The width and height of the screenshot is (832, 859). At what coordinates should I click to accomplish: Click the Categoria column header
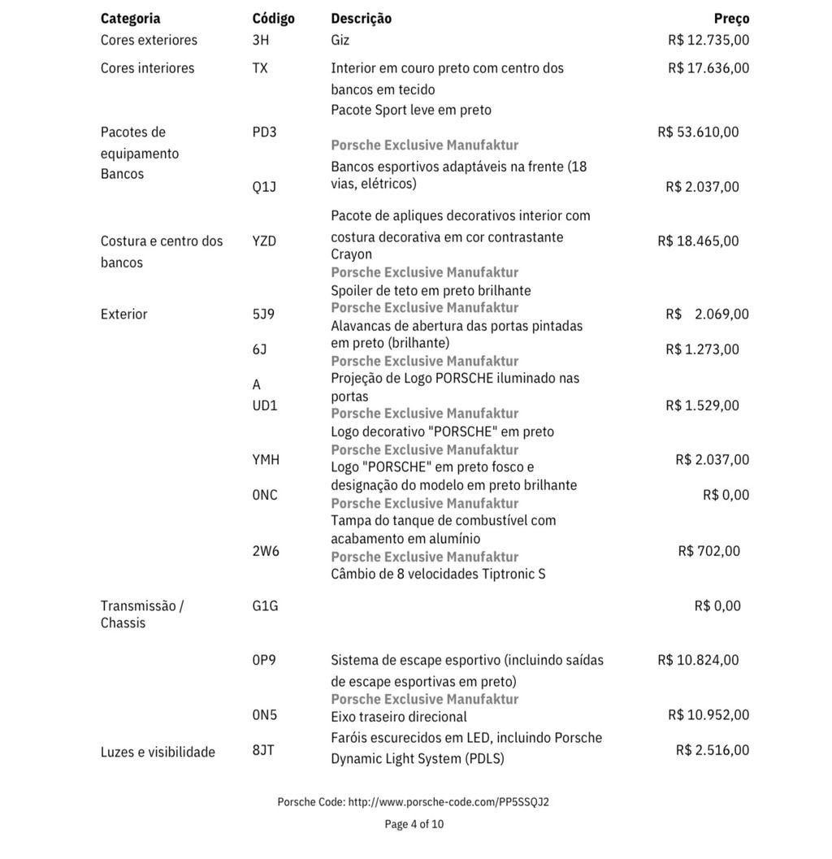point(130,19)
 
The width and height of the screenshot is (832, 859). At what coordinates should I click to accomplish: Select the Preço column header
point(731,19)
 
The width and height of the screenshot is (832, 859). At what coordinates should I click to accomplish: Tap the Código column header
point(273,19)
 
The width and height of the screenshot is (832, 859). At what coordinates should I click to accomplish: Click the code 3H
point(261,40)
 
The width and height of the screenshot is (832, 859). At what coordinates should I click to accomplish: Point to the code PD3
point(264,132)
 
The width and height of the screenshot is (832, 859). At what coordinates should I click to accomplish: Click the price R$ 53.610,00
point(698,132)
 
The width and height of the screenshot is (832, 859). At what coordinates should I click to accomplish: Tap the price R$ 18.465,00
point(698,241)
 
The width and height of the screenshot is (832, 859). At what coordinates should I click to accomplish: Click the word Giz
point(340,40)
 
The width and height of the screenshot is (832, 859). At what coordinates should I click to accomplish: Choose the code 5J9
point(263,314)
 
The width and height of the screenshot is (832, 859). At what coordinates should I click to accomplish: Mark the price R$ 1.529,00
point(702,405)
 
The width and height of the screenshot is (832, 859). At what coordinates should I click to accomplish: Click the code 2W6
point(266,551)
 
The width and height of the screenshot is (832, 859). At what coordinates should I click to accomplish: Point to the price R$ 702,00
point(708,551)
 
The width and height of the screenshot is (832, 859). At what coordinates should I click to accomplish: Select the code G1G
point(265,605)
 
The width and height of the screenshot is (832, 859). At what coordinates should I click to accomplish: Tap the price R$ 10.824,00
point(698,660)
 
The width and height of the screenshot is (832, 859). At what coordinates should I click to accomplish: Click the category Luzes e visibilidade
point(158,752)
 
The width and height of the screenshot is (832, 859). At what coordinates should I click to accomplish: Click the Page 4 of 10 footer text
point(414,824)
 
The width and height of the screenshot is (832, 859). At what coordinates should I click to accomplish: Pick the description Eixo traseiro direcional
point(399,717)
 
